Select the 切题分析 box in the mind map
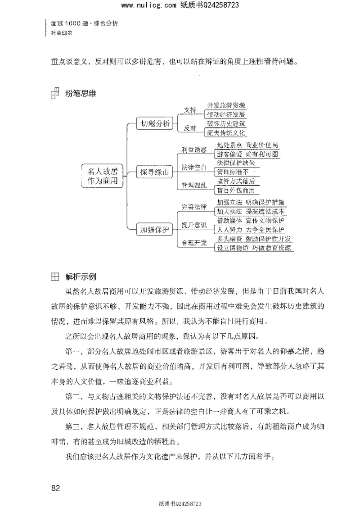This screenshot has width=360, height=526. [155, 124]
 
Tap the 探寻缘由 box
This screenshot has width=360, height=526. [155, 172]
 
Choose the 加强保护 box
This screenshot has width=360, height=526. [155, 230]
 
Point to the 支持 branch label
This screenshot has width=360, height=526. [190, 110]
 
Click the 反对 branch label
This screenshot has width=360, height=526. [190, 128]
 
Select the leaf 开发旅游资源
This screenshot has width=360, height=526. [226, 105]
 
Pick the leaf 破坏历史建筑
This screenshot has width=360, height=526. [226, 123]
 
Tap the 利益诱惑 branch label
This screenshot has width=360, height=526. [194, 150]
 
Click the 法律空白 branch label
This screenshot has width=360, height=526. [194, 168]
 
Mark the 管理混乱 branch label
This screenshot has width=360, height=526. [194, 185]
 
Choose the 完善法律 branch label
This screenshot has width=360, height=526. [194, 207]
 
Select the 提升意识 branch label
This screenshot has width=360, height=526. [194, 225]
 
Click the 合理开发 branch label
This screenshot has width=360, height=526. [194, 243]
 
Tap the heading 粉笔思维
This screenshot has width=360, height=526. [81, 94]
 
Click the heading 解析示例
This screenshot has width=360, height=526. [81, 276]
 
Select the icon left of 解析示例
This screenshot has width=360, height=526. [54, 276]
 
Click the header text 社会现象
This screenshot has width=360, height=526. [62, 33]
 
